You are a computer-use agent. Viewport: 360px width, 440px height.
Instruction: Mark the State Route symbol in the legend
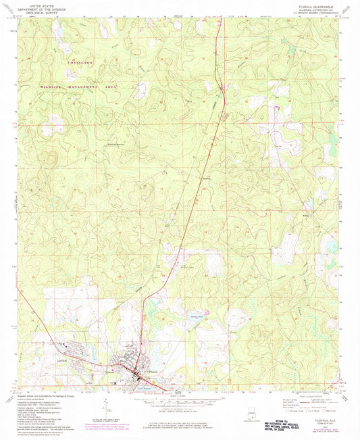[x=325, y=410]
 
